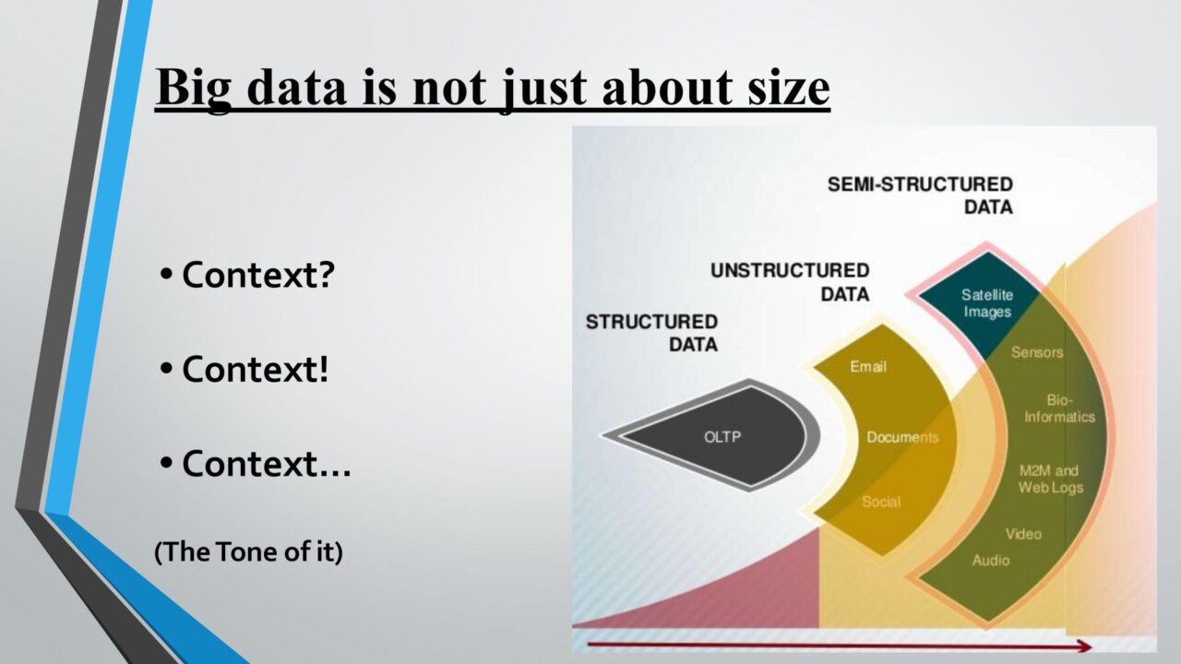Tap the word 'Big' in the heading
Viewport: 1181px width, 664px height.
pos(194,89)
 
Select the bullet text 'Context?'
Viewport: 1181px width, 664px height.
pos(258,275)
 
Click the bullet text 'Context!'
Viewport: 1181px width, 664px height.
pos(256,369)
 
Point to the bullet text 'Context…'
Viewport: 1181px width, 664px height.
pos(267,463)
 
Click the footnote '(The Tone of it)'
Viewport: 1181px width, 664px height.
pos(248,551)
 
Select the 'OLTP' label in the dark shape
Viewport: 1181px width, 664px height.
pos(722,437)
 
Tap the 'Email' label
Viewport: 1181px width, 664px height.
pos(868,366)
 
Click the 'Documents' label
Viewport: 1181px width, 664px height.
pos(902,437)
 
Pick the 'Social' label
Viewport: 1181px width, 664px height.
pos(881,502)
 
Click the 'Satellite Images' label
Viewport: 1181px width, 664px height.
pos(987,303)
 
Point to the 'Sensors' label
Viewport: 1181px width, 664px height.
pos(1037,352)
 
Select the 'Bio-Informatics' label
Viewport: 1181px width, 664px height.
pos(1060,409)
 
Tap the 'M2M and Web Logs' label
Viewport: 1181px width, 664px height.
pos(1050,479)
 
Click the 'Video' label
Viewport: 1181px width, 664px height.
pos(1023,534)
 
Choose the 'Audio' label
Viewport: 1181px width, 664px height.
pos(991,560)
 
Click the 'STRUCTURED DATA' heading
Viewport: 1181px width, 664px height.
pos(651,333)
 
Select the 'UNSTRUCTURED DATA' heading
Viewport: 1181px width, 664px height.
pos(790,282)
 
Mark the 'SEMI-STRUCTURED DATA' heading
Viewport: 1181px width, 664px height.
pos(920,196)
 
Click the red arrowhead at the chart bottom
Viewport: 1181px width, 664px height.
pos(1084,646)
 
